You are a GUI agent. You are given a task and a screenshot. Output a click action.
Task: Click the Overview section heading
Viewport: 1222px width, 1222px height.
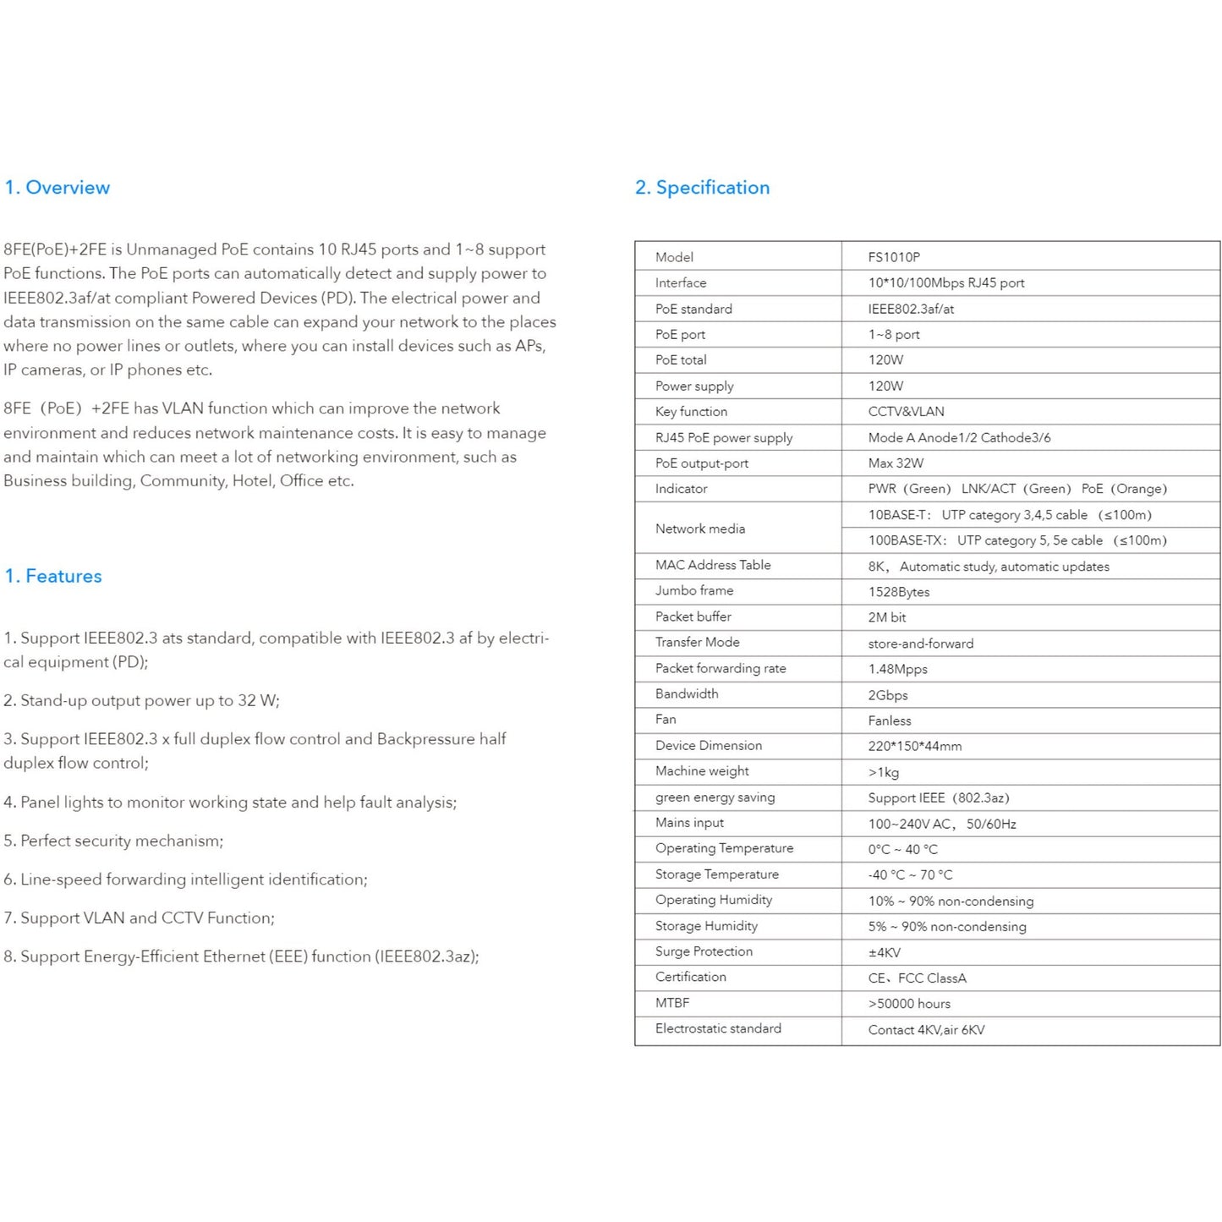coord(57,188)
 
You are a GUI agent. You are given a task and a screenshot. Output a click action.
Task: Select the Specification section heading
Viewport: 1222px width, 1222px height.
coord(702,188)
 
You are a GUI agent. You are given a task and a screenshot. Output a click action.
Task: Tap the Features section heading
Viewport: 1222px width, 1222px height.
coord(52,576)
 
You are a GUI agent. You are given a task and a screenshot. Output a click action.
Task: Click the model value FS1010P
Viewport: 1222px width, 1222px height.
coord(894,257)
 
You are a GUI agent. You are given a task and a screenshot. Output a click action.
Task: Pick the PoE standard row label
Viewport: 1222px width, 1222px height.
coord(693,309)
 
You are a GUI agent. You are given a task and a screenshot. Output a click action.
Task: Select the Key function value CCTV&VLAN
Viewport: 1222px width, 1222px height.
coord(906,412)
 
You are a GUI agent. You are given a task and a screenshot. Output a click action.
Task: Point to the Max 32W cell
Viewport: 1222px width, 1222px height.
coord(896,463)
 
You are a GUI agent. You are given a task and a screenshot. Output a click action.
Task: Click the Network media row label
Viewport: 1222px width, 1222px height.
coord(700,529)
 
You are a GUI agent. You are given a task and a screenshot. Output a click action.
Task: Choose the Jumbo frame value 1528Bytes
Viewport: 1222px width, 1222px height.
coord(898,592)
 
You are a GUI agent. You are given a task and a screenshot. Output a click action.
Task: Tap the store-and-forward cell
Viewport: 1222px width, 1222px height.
coord(920,644)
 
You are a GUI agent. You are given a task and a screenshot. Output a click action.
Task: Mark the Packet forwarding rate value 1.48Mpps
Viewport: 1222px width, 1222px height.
coord(897,669)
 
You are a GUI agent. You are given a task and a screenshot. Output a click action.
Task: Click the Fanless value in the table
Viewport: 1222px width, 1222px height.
coord(890,721)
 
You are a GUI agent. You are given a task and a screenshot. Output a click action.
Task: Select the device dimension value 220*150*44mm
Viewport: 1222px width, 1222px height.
coord(914,746)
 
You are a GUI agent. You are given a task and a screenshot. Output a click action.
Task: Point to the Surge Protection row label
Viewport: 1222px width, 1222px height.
coord(704,951)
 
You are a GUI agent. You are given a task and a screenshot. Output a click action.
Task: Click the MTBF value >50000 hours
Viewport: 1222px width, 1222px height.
coord(909,1004)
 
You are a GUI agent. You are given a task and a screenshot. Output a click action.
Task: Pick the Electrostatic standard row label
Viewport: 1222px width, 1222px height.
coord(718,1028)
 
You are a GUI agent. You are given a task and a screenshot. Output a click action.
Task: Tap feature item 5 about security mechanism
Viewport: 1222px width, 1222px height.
coord(113,841)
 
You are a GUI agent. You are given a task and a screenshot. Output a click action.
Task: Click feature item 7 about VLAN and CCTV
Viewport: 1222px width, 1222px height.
coord(139,918)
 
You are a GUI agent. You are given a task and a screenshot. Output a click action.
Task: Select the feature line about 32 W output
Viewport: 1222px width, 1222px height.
coord(141,700)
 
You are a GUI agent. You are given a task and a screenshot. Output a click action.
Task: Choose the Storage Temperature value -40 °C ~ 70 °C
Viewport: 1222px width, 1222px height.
coord(910,875)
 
